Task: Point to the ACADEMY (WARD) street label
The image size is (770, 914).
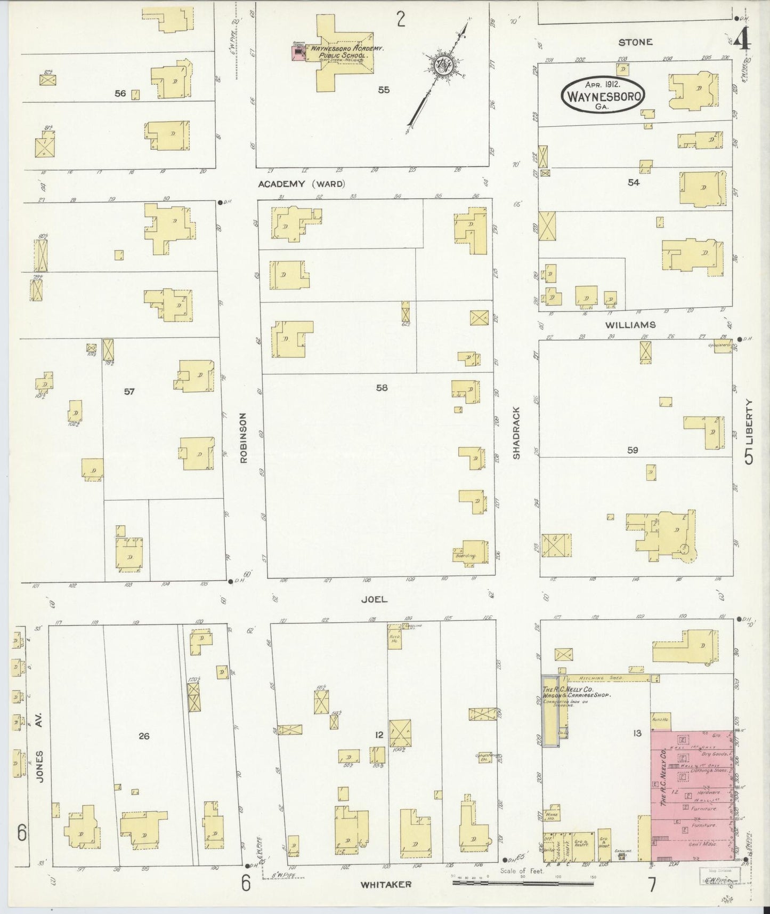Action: click(x=302, y=184)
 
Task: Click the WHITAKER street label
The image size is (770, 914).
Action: click(x=386, y=885)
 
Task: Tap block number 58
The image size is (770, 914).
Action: click(x=382, y=388)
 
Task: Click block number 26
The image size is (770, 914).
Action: click(x=144, y=736)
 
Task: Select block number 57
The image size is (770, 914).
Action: click(x=129, y=391)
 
